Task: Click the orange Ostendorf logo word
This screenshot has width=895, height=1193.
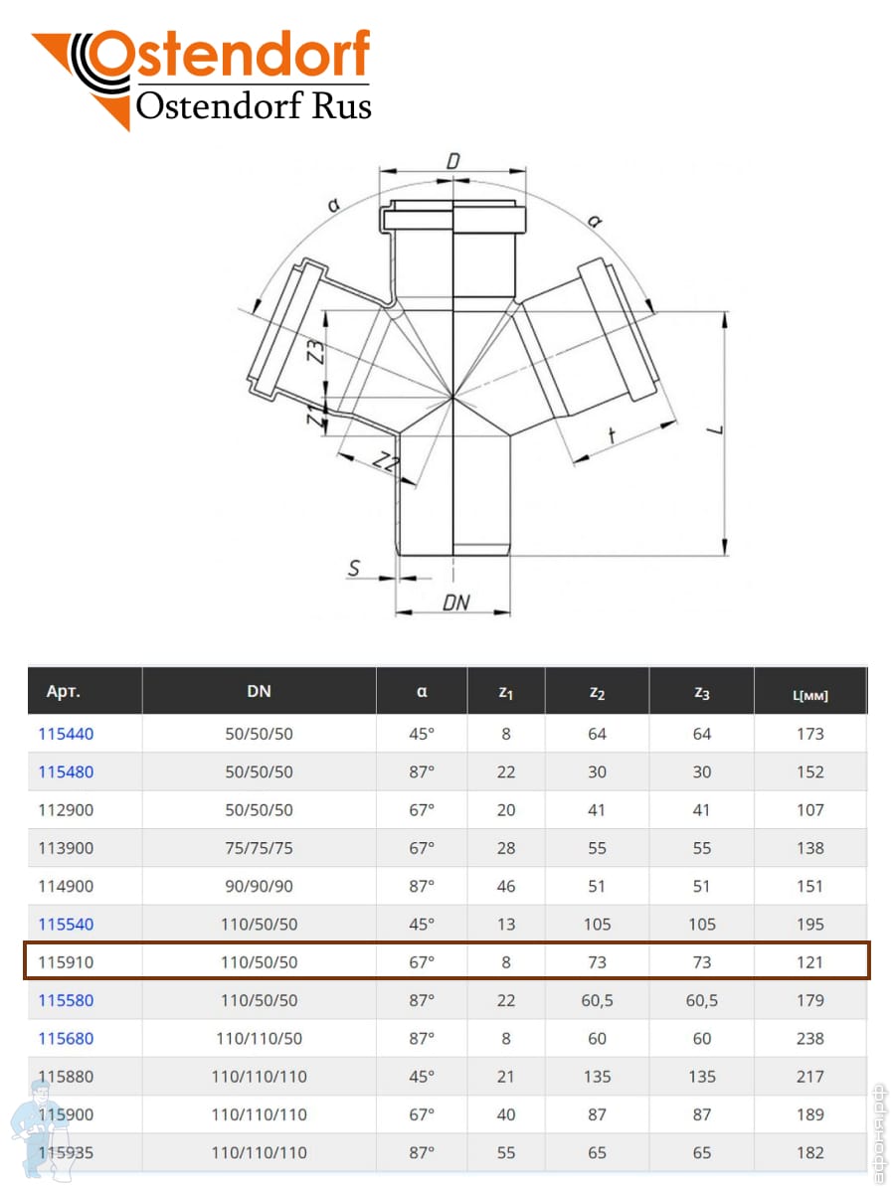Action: click(x=229, y=54)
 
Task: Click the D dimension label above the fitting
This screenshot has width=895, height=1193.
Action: click(x=452, y=161)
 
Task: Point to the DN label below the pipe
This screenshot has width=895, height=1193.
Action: click(x=455, y=602)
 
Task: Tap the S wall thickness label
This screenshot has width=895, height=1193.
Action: click(x=354, y=568)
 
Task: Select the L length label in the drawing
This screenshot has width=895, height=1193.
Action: click(x=716, y=429)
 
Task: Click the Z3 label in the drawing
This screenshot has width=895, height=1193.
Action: click(x=315, y=351)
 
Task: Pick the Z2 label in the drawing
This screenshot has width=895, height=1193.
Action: click(x=386, y=462)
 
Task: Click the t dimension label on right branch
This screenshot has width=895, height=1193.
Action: click(x=612, y=434)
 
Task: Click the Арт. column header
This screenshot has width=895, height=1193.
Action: click(x=63, y=691)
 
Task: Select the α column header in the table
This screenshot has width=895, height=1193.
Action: click(x=422, y=691)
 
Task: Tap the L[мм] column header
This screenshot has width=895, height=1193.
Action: click(x=809, y=695)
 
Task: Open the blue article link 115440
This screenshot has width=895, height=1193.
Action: click(x=66, y=734)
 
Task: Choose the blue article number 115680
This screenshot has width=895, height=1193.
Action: click(x=66, y=1038)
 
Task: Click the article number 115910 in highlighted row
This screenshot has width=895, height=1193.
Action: click(x=66, y=962)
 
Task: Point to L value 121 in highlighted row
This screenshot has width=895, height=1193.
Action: click(x=809, y=962)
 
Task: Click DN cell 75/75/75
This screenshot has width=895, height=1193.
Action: click(x=259, y=848)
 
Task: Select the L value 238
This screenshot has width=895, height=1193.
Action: click(x=809, y=1038)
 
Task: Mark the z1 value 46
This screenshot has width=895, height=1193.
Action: click(x=505, y=886)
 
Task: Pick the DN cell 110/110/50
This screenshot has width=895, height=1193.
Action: click(x=259, y=1038)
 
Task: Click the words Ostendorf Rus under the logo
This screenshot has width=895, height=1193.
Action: click(x=254, y=105)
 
